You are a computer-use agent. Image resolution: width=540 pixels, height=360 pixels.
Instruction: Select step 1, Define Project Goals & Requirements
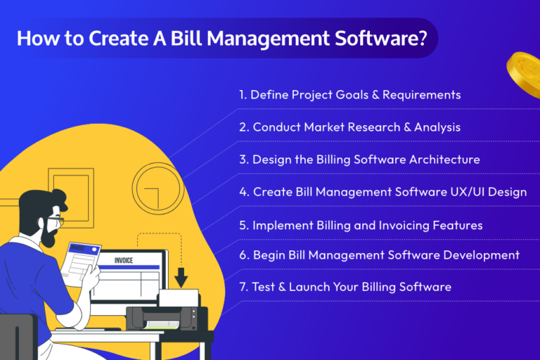349,94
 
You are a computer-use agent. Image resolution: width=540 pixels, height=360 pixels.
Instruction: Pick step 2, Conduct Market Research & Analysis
349,127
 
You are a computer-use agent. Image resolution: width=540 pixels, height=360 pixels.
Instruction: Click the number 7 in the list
243,287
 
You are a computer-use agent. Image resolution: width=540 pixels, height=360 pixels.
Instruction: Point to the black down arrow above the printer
181,278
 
